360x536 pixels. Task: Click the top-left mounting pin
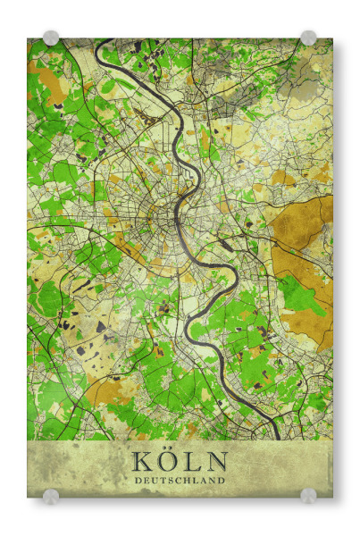[51, 38]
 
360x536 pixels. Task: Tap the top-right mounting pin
[308, 38]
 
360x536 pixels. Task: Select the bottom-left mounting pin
[51, 495]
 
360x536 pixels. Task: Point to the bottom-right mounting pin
[308, 495]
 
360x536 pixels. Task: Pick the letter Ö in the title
[167, 461]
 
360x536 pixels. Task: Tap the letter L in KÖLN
[192, 462]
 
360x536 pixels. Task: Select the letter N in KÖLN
[216, 462]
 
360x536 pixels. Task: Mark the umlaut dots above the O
[167, 451]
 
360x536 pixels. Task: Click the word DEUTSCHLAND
[180, 481]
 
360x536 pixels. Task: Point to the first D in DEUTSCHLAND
[138, 481]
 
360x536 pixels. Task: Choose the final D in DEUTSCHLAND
[222, 481]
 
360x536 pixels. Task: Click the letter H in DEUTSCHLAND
[188, 481]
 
